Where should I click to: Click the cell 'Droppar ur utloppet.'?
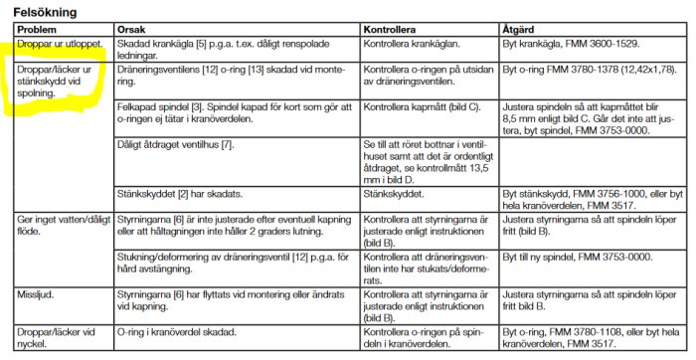click(x=56, y=45)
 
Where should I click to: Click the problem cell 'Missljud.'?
click(x=36, y=295)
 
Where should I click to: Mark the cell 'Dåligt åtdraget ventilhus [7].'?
click(x=175, y=145)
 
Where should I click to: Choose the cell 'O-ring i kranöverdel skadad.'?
click(x=176, y=330)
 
